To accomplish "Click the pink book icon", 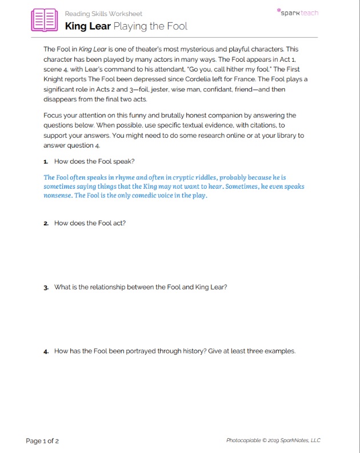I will tap(44, 19).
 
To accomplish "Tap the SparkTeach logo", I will tap(297, 12).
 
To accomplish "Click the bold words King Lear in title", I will tap(87, 26).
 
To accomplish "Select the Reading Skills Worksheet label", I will tap(103, 13).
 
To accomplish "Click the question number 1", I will tap(45, 161).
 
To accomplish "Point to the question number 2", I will tap(45, 223).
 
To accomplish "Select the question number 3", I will tap(45, 287).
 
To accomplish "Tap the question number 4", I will tap(45, 351).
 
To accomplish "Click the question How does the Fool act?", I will tap(90, 223).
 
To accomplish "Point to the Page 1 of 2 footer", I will tap(42, 440).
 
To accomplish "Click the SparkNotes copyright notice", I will tap(273, 440).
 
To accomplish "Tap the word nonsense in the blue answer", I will tap(58, 196).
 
